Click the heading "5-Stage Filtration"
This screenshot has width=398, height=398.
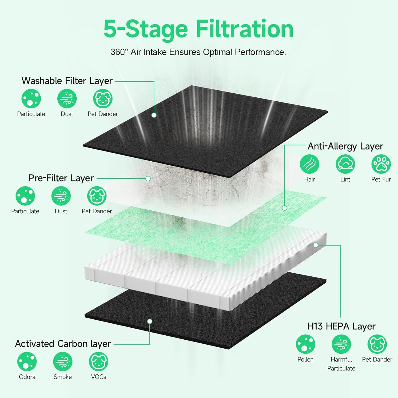click(x=198, y=29)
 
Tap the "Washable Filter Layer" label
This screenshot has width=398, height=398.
click(x=67, y=81)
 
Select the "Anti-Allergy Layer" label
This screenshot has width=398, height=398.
click(x=345, y=146)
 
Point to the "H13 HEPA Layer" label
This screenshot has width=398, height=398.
click(x=341, y=326)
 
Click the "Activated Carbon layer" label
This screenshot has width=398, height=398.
click(x=63, y=344)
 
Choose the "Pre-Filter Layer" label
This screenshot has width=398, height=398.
click(x=61, y=178)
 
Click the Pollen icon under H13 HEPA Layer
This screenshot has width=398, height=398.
click(x=305, y=344)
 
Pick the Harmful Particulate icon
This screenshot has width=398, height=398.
click(x=341, y=344)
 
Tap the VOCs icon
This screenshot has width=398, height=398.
click(x=98, y=361)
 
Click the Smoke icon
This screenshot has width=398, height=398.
click(x=63, y=361)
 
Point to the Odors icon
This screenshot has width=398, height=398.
click(x=27, y=361)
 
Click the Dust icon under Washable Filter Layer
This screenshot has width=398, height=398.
click(x=67, y=99)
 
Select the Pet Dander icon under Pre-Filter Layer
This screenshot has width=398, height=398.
click(x=97, y=196)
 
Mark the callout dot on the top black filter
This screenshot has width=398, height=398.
click(x=154, y=115)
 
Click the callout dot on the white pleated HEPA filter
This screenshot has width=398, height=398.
click(x=315, y=245)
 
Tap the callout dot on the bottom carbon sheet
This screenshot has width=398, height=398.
click(x=150, y=321)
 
